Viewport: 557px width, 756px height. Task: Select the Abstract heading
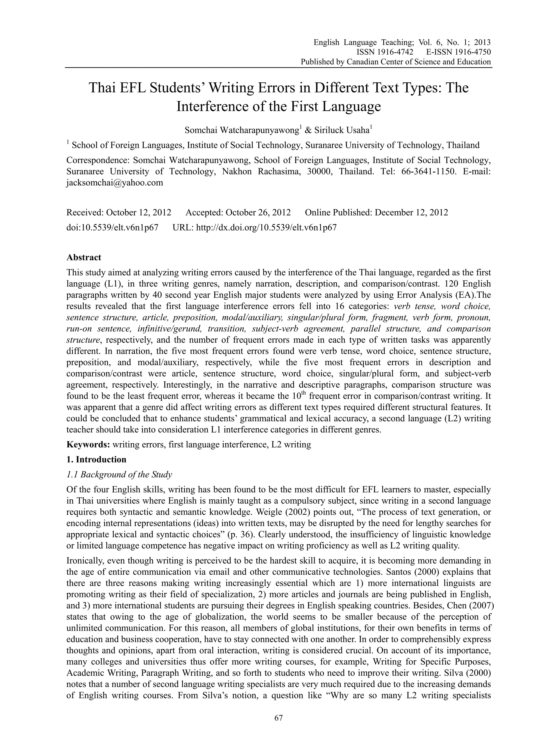83,257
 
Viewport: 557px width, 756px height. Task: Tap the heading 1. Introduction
97,459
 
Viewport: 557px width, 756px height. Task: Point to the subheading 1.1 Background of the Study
119,475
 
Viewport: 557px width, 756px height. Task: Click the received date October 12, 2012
139,213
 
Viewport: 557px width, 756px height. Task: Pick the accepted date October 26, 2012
258,213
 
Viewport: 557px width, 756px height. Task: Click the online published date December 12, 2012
411,213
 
